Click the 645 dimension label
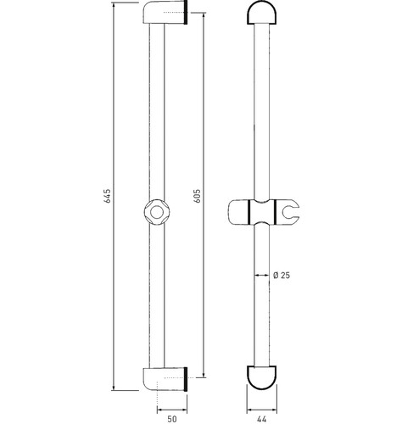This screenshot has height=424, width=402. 108,196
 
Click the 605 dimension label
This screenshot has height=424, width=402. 197,196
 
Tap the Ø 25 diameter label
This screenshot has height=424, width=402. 282,275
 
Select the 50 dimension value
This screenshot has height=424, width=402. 172,419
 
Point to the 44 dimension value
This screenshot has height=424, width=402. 262,419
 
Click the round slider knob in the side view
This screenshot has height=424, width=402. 157,212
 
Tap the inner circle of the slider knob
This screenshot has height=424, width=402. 157,212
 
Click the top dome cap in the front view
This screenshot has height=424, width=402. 262,13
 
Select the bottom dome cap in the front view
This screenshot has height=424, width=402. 262,378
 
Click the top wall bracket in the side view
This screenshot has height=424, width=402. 165,13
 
